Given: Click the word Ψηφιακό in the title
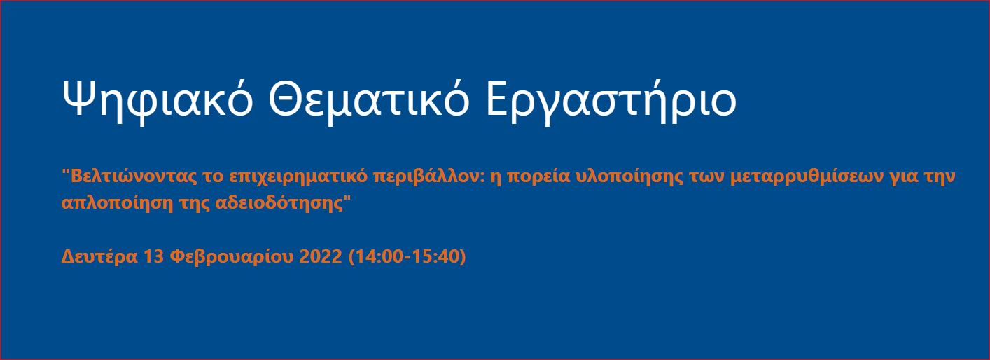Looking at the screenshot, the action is (x=158, y=101).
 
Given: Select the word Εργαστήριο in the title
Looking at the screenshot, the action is (x=611, y=101).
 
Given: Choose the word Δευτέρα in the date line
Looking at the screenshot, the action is (x=99, y=256).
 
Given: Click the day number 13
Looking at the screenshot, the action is (x=154, y=256).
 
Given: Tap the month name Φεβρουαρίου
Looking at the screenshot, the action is (x=232, y=257).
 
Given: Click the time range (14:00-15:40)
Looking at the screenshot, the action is (x=407, y=257).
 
